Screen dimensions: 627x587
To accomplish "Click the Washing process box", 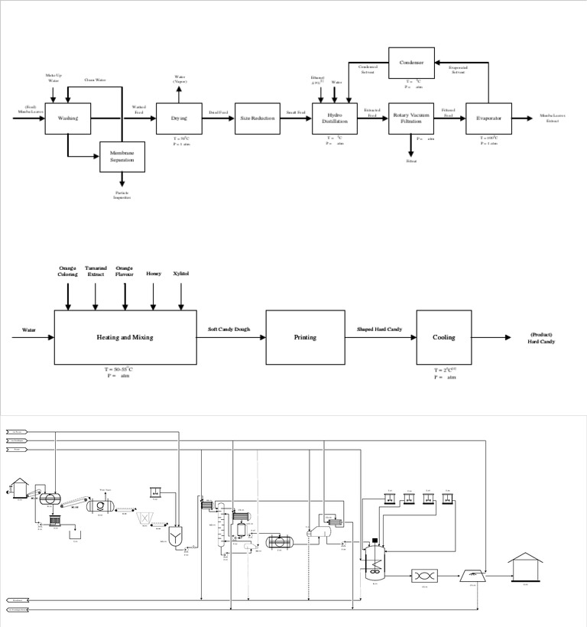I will (68, 119).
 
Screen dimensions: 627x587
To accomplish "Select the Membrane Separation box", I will (122, 157).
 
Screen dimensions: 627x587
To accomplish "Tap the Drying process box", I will (179, 119).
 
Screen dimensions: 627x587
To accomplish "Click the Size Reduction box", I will (257, 119).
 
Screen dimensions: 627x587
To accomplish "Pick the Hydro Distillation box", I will (335, 119).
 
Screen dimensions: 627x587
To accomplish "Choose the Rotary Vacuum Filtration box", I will (411, 119).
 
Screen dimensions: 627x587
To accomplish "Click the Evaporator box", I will (488, 119).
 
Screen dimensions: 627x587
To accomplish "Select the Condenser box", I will (411, 63).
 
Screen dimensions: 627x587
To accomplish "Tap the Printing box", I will (305, 337).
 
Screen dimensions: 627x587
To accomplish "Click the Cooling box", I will (443, 337).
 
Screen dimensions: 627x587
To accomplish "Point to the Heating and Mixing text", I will (125, 337).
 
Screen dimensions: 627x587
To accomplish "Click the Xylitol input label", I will (181, 273).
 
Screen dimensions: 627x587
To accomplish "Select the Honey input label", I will (154, 273).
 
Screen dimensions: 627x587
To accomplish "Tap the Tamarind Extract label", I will (96, 271).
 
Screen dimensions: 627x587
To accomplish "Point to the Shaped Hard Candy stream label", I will (380, 330).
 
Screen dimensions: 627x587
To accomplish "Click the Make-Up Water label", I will (53, 78).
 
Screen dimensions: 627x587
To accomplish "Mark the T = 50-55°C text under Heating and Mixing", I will (125, 371).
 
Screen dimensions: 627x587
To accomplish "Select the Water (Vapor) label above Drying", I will (179, 79).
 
